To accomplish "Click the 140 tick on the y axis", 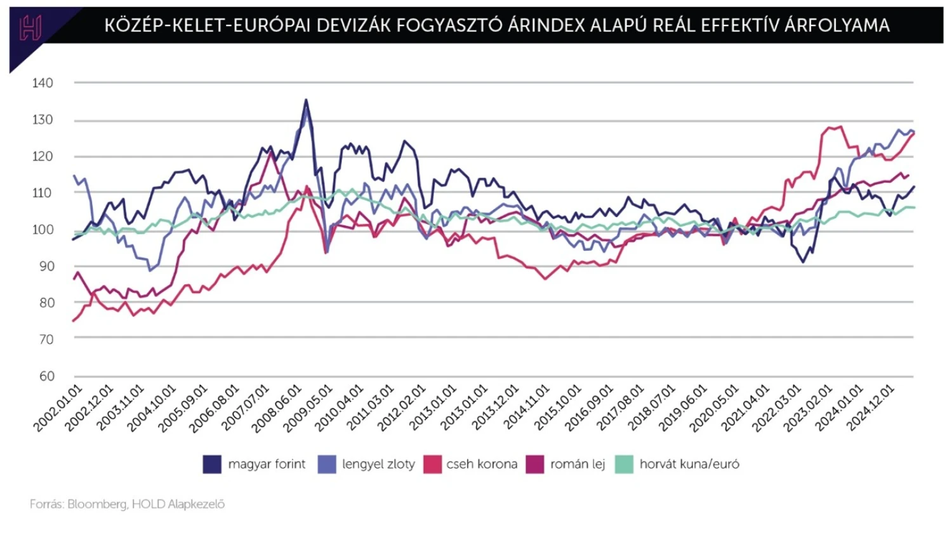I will tap(43, 83).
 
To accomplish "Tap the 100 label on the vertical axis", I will tap(43, 230).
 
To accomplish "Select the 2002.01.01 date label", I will tap(59, 407).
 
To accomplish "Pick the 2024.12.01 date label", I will tap(872, 407).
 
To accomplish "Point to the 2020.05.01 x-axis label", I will tap(715, 407).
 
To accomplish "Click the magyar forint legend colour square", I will tap(212, 464).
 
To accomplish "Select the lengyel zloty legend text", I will tap(378, 464).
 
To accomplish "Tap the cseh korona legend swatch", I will tap(432, 464).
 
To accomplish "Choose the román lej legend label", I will tap(578, 464).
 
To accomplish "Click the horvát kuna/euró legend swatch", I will tap(625, 464).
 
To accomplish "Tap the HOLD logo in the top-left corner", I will tap(30, 28).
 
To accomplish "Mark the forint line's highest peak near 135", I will tap(306, 100).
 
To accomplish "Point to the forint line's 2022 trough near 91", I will tap(804, 262).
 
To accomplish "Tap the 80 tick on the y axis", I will tap(46, 303).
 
